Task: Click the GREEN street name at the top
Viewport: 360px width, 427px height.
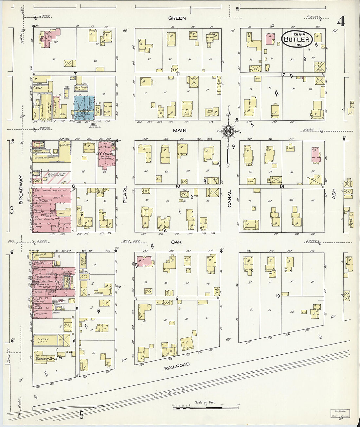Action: pyautogui.click(x=177, y=18)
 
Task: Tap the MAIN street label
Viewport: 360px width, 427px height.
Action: pyautogui.click(x=180, y=130)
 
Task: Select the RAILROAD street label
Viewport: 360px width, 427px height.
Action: pyautogui.click(x=177, y=365)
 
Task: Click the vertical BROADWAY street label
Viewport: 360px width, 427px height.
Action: pyautogui.click(x=21, y=190)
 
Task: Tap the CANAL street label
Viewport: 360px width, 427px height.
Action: pyautogui.click(x=230, y=198)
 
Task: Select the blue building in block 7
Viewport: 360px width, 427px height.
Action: pyautogui.click(x=84, y=107)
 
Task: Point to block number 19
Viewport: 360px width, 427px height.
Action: pyautogui.click(x=278, y=296)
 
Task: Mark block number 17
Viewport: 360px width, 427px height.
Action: pyautogui.click(x=283, y=75)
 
